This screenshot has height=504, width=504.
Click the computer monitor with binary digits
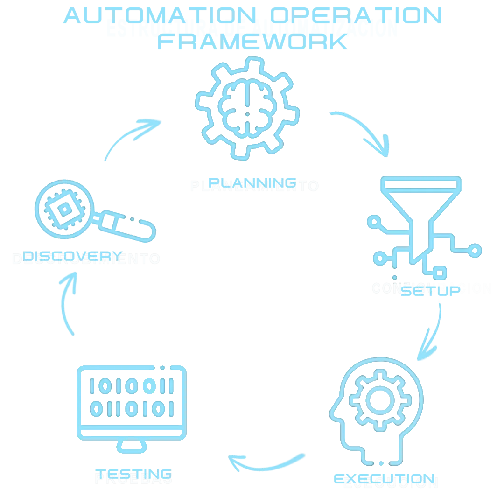pos(131,401)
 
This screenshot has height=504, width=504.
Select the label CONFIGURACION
pos(432,288)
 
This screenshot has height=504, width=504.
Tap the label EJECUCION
pos(391,482)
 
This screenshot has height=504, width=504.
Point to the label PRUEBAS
pos(133,478)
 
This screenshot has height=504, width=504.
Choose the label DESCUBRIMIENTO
pos(86,259)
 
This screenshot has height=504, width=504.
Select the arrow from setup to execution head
pos(432,331)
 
